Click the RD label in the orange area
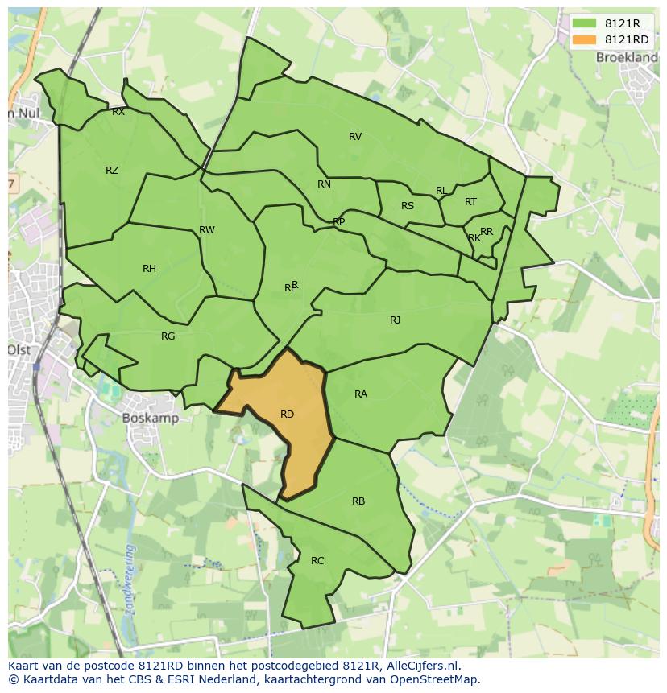click(x=287, y=415)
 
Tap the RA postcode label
click(x=361, y=394)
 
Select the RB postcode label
click(x=358, y=501)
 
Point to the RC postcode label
click(x=317, y=561)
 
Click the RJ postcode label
click(x=395, y=320)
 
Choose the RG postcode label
click(x=168, y=336)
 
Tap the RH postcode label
click(x=149, y=269)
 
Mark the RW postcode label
click(x=207, y=230)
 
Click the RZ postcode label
click(x=112, y=171)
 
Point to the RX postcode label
click(x=118, y=113)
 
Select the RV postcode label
click(x=355, y=137)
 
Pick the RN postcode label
click(x=324, y=184)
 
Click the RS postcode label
click(x=408, y=206)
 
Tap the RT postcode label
click(x=470, y=202)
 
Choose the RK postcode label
click(x=474, y=238)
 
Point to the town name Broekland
click(x=626, y=58)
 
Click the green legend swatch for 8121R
click(x=585, y=24)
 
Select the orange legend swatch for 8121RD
click(x=585, y=39)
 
